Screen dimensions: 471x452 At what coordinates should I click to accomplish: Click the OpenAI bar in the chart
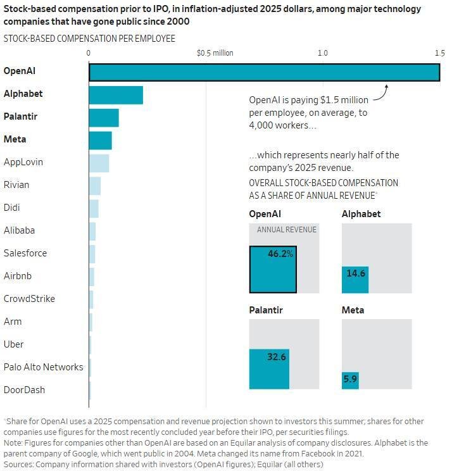click(x=264, y=72)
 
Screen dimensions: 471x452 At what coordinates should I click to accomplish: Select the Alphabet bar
click(x=116, y=95)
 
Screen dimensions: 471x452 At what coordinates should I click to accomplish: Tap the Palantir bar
click(x=104, y=118)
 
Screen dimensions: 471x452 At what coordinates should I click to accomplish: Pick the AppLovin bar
click(x=99, y=163)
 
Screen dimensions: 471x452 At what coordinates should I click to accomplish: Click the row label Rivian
click(x=16, y=185)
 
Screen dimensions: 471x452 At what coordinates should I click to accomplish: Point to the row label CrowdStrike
click(x=29, y=299)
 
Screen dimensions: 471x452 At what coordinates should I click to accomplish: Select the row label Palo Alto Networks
click(x=43, y=367)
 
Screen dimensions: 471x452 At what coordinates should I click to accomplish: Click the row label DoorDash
click(x=24, y=390)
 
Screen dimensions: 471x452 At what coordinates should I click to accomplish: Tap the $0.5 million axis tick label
click(x=215, y=53)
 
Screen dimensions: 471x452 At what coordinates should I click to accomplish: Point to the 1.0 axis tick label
click(x=323, y=53)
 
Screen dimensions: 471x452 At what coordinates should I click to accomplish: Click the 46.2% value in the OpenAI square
click(x=280, y=254)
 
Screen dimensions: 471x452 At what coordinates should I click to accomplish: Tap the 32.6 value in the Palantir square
click(x=277, y=357)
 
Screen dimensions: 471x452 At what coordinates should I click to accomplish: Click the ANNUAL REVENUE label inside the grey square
click(x=286, y=230)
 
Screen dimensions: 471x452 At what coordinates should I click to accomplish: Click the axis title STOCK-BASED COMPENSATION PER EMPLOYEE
click(x=89, y=39)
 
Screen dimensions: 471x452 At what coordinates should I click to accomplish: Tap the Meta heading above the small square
click(x=353, y=310)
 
